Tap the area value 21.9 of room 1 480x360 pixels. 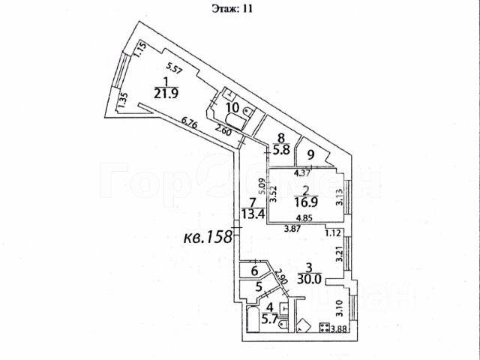coord(165,94)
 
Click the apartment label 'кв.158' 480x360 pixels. coord(205,241)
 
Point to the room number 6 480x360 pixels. coord(254,271)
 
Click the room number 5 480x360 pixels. coord(259,286)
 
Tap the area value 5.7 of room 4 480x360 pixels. coord(268,317)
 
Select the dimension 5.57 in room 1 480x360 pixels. coord(175,69)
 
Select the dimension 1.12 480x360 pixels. coord(334,232)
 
